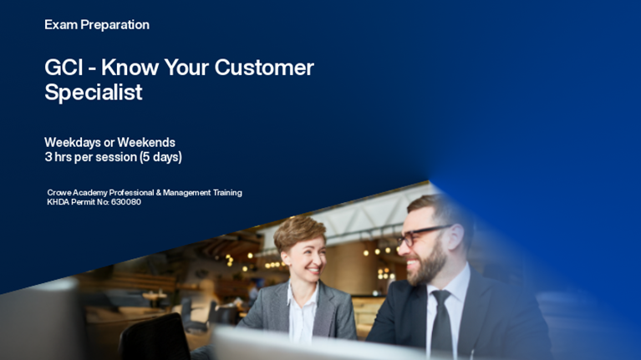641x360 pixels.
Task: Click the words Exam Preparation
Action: [97, 25]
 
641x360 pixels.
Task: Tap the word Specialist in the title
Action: [94, 93]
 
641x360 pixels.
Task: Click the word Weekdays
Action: [73, 142]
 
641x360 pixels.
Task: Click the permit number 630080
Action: [125, 202]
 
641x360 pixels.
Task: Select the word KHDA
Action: [60, 202]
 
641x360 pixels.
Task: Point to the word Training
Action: [223, 192]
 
